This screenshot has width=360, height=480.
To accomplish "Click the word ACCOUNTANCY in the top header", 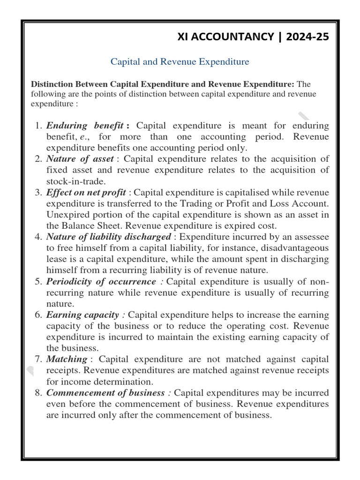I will pos(227,37).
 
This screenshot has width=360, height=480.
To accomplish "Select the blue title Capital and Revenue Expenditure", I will pos(180,61).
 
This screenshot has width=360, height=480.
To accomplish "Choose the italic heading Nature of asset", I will pos(80,158).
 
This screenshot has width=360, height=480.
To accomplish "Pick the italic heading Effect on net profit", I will pos(86,192).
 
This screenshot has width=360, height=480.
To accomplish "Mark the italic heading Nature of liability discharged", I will pos(109,237).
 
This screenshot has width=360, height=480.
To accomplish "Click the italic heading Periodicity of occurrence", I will pos(101,281).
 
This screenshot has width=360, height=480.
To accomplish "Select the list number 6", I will pos(38,315).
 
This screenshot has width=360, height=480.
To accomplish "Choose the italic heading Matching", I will pos(67,359).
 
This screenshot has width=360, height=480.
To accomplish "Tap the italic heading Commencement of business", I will pos(105,392).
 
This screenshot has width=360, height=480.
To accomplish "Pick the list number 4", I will pos(38,237).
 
